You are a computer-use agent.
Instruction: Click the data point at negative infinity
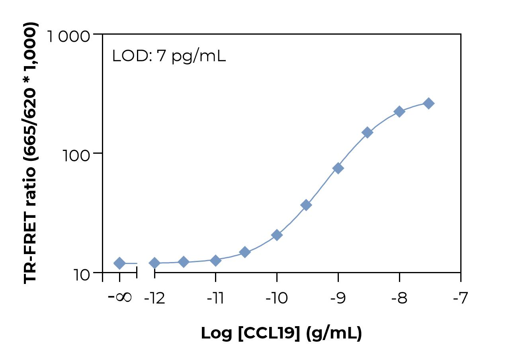coord(119,263)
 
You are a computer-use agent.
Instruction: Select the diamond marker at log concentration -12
coord(154,263)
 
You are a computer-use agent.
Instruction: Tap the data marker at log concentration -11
coord(215,260)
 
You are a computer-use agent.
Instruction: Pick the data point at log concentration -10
coord(277,235)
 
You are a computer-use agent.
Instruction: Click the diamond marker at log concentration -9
coord(338,168)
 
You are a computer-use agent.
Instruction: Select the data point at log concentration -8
coord(399,112)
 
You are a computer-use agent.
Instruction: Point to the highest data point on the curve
coord(428,103)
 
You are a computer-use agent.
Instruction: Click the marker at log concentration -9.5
coord(306,205)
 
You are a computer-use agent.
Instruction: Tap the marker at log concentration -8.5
coord(367,133)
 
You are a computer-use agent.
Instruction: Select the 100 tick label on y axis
coord(77,156)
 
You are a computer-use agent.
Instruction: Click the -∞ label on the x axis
coord(120,297)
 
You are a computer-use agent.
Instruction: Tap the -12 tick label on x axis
coord(154,298)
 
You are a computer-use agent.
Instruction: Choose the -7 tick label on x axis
coord(460,298)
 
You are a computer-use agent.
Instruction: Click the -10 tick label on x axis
coord(276,298)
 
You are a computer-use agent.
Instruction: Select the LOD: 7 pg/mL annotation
coord(169,56)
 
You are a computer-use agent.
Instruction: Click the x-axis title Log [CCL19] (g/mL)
coord(281,333)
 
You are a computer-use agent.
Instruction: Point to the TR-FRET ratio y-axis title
coord(31,153)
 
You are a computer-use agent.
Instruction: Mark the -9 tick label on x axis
coord(338,298)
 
